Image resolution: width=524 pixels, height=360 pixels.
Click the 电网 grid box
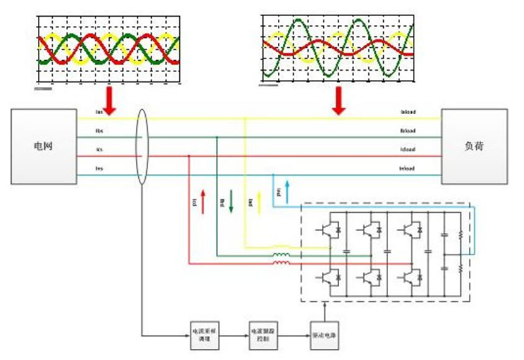pyautogui.click(x=43, y=146)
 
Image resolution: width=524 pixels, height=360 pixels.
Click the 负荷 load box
pyautogui.click(x=474, y=146)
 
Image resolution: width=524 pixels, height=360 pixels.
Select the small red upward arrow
pyautogui.click(x=202, y=202)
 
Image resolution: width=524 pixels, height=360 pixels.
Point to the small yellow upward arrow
pyautogui.click(x=259, y=202)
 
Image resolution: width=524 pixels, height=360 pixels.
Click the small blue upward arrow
pyautogui.click(x=286, y=189)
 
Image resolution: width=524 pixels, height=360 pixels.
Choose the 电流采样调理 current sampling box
pyautogui.click(x=204, y=335)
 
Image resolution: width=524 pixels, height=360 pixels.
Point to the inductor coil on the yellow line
pyautogui.click(x=281, y=246)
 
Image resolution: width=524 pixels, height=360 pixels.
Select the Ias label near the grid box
pyautogui.click(x=99, y=112)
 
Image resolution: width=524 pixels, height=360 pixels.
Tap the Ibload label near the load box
pyautogui.click(x=408, y=131)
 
